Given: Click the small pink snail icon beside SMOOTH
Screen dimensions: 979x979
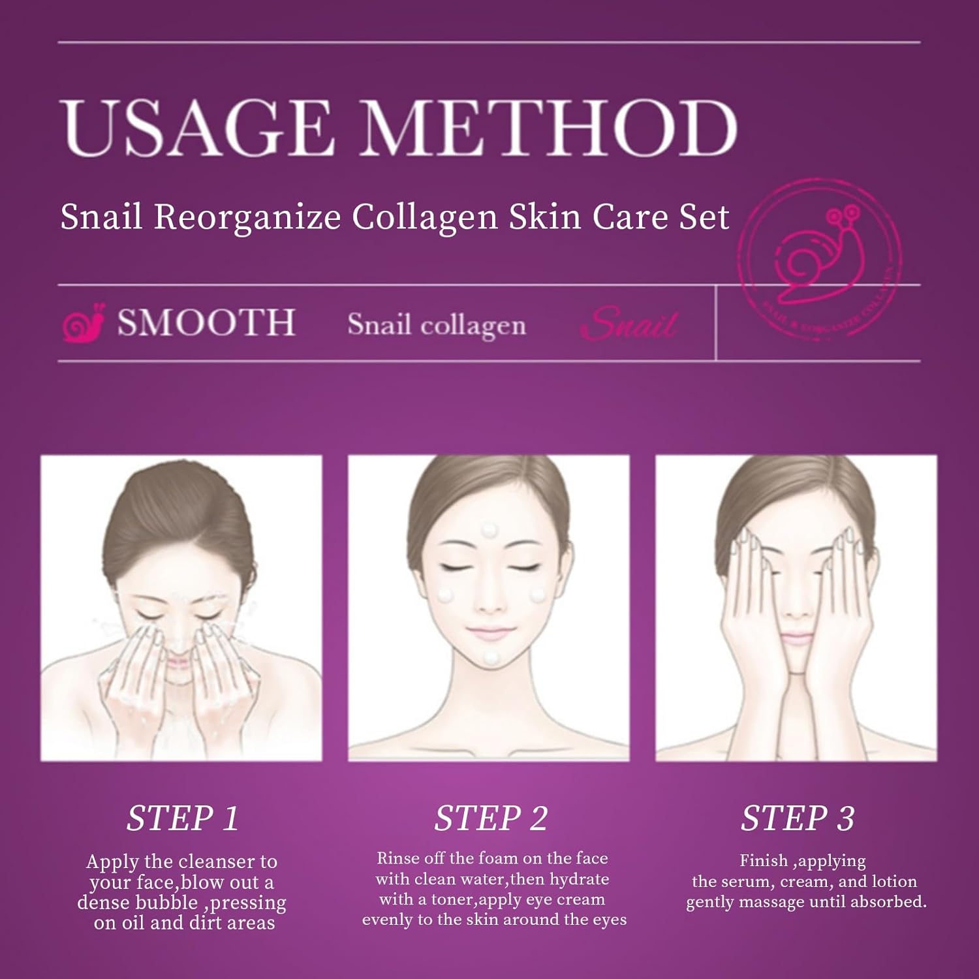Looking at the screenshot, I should pyautogui.click(x=84, y=323).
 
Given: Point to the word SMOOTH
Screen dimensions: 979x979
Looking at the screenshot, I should pyautogui.click(x=206, y=323).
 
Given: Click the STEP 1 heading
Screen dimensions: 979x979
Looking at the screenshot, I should pyautogui.click(x=183, y=818).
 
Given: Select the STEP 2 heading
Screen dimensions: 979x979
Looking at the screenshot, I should pyautogui.click(x=491, y=818).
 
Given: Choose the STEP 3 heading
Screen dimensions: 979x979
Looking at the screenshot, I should pyautogui.click(x=798, y=818).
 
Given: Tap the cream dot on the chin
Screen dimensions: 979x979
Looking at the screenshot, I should pyautogui.click(x=491, y=657).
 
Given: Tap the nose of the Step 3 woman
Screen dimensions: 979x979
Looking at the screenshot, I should pyautogui.click(x=796, y=610).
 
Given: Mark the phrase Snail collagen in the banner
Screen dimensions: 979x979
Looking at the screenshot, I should pyautogui.click(x=437, y=325).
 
